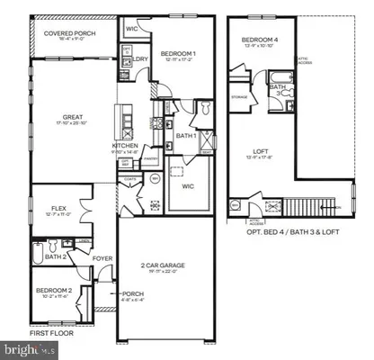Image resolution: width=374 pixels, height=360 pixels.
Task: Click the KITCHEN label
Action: tap(125, 146)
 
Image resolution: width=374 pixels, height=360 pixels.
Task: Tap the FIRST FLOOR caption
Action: tap(48, 332)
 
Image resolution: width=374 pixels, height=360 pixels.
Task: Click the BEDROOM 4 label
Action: tap(260, 41)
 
